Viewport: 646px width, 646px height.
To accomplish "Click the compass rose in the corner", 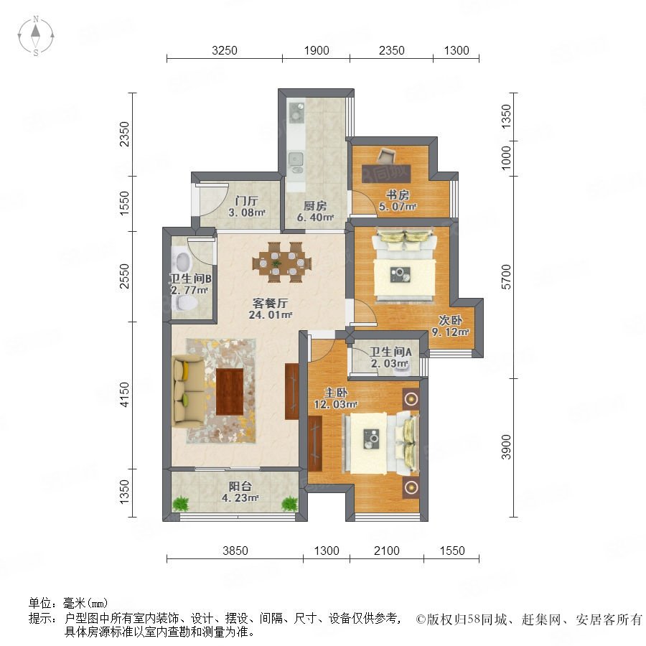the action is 36,36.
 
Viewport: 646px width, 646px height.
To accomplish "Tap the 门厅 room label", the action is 246,201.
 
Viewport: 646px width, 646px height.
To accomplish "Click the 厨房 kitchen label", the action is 315,205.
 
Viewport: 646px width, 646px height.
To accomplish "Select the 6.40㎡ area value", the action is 315,217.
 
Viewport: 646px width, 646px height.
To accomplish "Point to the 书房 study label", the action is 398,195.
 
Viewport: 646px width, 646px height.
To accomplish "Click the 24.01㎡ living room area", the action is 271,315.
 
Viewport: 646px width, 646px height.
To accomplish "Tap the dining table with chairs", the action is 282,262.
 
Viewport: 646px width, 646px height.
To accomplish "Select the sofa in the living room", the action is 188,391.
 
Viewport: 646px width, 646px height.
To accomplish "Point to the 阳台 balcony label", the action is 240,486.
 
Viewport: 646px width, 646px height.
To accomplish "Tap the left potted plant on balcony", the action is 180,503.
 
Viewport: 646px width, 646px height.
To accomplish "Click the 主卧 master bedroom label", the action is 336,393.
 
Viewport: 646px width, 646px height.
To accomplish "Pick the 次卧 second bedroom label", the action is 450,320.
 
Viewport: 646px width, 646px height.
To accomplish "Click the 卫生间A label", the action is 390,352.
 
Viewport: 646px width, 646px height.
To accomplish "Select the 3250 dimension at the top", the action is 225,50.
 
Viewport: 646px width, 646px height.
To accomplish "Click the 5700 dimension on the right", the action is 506,277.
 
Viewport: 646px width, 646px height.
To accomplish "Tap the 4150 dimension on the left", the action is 124,395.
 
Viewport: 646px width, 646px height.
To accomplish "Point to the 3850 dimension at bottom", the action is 235,551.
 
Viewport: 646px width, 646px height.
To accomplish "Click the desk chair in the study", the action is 386,156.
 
